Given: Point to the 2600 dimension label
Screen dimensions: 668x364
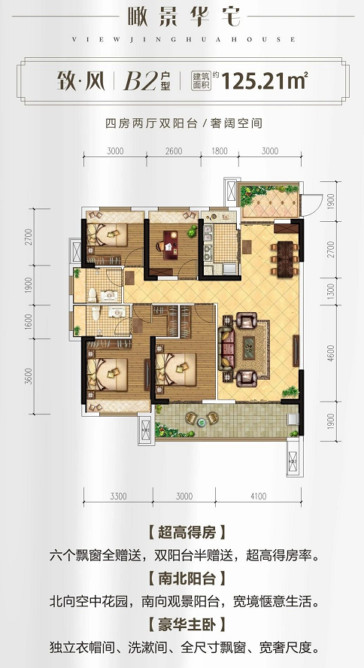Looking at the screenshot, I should tap(174, 151).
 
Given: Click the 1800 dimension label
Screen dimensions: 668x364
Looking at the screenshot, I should tap(219, 151).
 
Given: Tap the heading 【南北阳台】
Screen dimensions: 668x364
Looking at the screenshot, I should tap(182, 581).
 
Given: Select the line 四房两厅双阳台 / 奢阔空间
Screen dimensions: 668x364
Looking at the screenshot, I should tap(181, 123).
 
